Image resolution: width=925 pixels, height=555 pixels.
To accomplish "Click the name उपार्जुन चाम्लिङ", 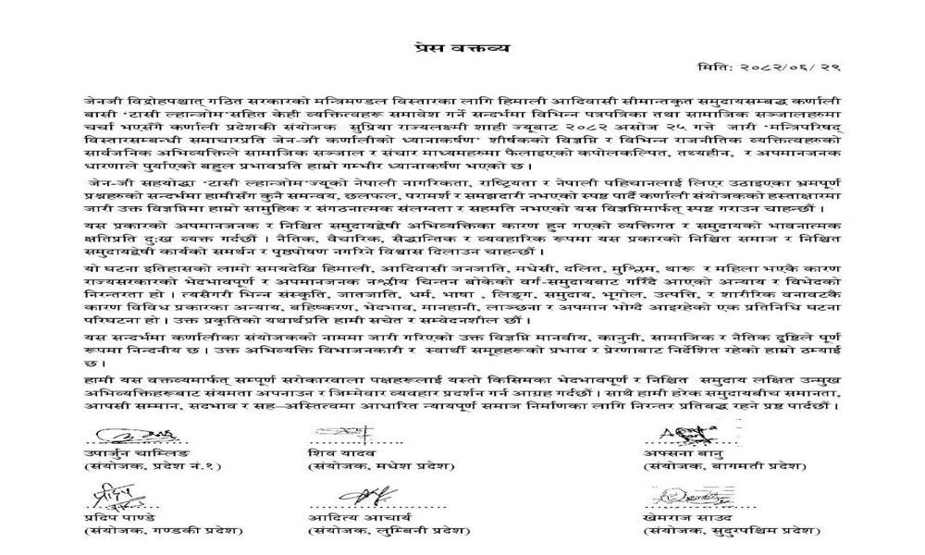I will tap(122, 453).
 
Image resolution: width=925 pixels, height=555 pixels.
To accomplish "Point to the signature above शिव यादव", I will tap(339, 433).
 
